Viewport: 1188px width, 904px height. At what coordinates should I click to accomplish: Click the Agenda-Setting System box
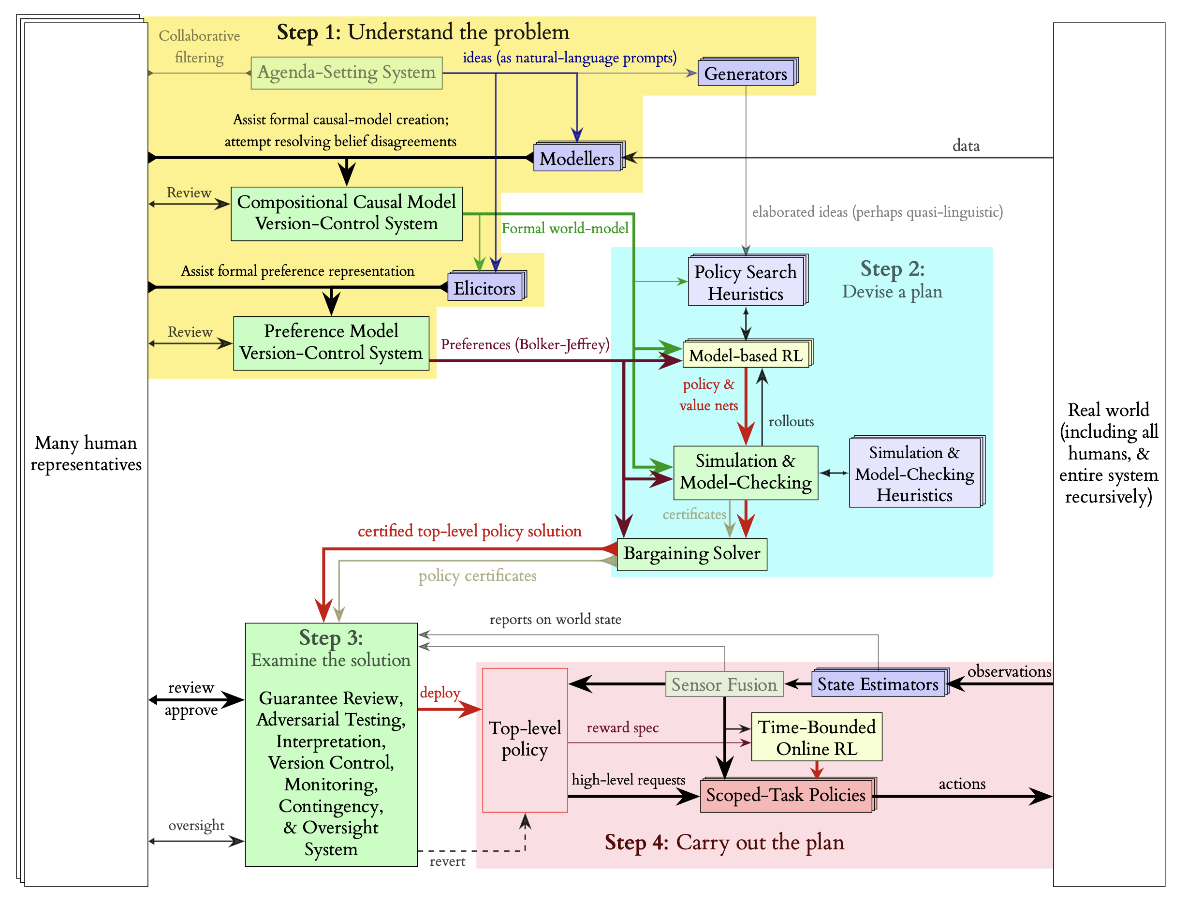click(346, 73)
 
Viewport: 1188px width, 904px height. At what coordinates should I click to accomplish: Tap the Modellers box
click(576, 158)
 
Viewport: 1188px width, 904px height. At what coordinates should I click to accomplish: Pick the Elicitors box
click(484, 288)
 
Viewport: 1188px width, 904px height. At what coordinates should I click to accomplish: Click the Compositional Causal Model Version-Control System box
click(346, 213)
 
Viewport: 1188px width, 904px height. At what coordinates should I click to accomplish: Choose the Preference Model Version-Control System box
click(331, 343)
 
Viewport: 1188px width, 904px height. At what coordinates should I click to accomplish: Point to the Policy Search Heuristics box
click(746, 282)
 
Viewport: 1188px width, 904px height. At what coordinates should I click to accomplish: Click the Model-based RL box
click(746, 355)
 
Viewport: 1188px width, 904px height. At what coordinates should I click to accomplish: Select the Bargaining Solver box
click(691, 554)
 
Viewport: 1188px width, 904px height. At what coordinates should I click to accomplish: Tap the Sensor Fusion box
click(724, 684)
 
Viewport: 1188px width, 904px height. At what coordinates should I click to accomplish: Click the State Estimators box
click(878, 684)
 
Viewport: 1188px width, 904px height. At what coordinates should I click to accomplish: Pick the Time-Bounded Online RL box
click(816, 737)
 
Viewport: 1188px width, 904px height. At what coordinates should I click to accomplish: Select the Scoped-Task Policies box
click(786, 795)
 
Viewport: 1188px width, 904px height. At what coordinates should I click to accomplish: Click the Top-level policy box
click(525, 740)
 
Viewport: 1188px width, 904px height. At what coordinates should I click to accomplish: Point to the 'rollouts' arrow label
click(791, 421)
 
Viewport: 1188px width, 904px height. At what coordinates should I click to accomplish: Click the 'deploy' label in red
click(440, 693)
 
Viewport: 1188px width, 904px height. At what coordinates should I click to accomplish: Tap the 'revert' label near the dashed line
click(447, 861)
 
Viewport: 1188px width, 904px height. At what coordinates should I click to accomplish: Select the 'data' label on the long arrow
click(966, 146)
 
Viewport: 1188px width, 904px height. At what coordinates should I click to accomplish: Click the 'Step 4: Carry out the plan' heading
click(724, 842)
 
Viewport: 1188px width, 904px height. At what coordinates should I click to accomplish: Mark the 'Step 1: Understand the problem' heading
click(423, 32)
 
